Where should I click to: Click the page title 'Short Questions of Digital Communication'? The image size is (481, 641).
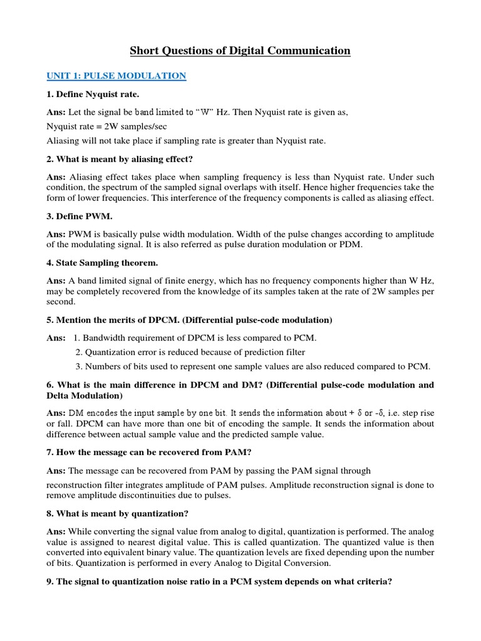click(240, 51)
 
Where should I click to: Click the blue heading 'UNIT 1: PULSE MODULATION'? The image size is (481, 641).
click(116, 76)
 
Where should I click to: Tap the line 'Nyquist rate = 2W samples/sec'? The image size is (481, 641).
click(106, 126)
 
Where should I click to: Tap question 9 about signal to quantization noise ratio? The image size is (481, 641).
click(219, 581)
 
